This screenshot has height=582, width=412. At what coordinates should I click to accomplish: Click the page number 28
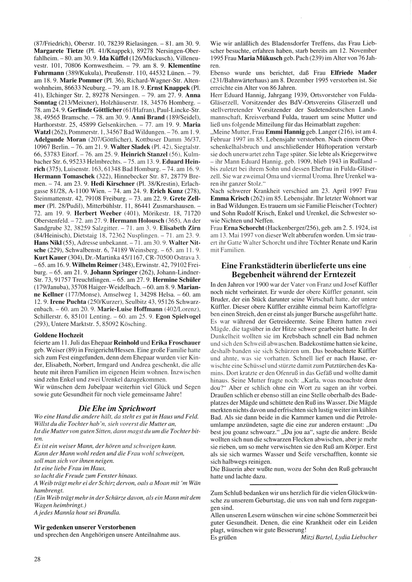point(37,559)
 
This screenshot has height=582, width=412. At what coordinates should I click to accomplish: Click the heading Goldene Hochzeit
point(59,335)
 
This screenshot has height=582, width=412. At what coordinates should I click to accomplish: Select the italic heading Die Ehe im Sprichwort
point(117,408)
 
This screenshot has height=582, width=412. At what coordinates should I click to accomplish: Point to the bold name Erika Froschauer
point(176,343)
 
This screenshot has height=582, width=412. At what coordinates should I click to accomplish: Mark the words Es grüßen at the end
point(223,537)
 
